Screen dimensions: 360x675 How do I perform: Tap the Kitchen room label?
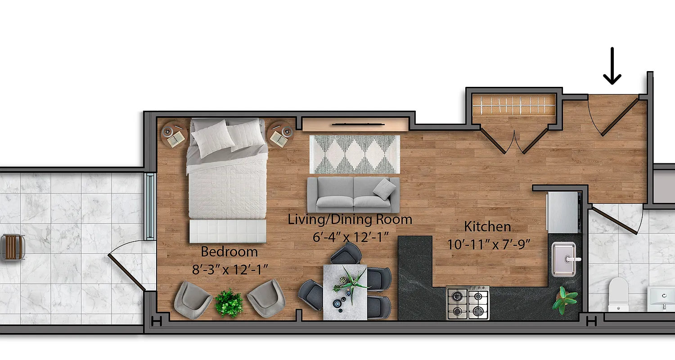pyautogui.click(x=487, y=226)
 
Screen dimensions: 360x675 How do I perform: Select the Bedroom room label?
pyautogui.click(x=229, y=251)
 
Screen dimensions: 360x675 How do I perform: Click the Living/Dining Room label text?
pyautogui.click(x=350, y=220)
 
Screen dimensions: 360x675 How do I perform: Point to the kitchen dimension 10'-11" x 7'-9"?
pyautogui.click(x=489, y=244)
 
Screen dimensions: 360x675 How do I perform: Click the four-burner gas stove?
pyautogui.click(x=468, y=303)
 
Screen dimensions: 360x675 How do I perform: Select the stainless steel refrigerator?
pyautogui.click(x=562, y=212)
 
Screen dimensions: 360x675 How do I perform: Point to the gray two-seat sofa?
pyautogui.click(x=353, y=194)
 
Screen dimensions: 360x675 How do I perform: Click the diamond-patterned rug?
pyautogui.click(x=355, y=154)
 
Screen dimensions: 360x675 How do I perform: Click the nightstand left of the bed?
pyautogui.click(x=173, y=134)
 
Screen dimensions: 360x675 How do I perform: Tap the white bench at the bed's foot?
pyautogui.click(x=227, y=231)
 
